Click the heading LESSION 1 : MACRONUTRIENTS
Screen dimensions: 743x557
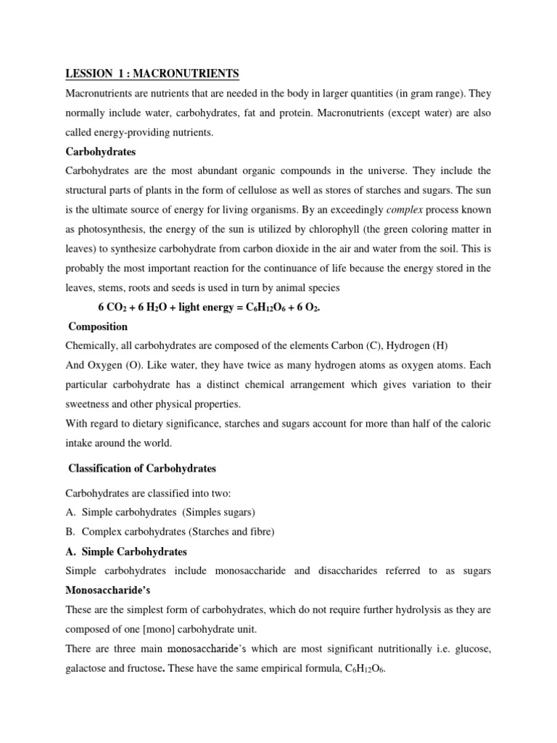click(x=152, y=75)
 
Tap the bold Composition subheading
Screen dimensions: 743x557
click(x=97, y=327)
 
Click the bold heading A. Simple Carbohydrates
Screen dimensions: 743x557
click(x=126, y=551)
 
